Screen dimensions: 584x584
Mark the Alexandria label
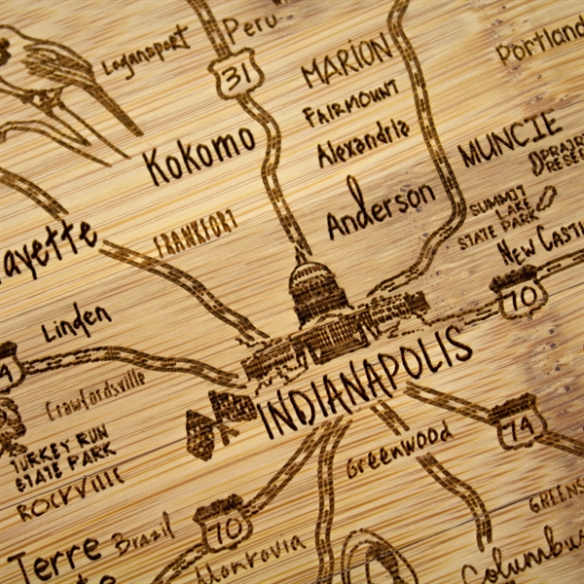coord(363,142)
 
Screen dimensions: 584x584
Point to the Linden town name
coord(76,322)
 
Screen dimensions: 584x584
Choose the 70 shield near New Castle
coord(517,293)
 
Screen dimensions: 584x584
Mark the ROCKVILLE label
coord(69,493)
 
